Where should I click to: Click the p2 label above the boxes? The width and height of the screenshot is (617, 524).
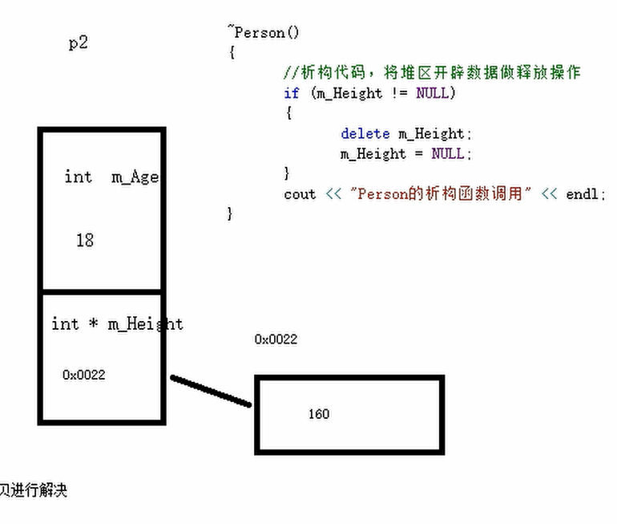[79, 43]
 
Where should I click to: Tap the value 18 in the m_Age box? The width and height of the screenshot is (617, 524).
[85, 240]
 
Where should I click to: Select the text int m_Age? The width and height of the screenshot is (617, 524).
[111, 177]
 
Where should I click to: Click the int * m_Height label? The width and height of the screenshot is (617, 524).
[117, 324]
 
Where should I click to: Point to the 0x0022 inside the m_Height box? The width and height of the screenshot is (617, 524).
[84, 375]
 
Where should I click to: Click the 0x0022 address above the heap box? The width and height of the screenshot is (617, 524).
[276, 339]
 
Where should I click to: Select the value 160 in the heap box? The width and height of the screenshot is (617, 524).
[319, 414]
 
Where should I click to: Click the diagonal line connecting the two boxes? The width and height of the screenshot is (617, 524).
[212, 391]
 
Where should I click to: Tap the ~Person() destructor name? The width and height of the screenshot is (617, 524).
[264, 33]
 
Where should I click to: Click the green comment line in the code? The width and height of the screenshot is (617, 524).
[432, 73]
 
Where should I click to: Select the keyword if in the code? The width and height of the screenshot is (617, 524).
[292, 93]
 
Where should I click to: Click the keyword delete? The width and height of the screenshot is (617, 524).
[365, 133]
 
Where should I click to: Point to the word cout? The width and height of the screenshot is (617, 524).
[300, 194]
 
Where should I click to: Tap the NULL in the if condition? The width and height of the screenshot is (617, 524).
[434, 93]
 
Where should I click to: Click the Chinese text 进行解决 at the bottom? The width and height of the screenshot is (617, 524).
[35, 490]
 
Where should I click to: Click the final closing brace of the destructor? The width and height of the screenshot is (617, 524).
[231, 213]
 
